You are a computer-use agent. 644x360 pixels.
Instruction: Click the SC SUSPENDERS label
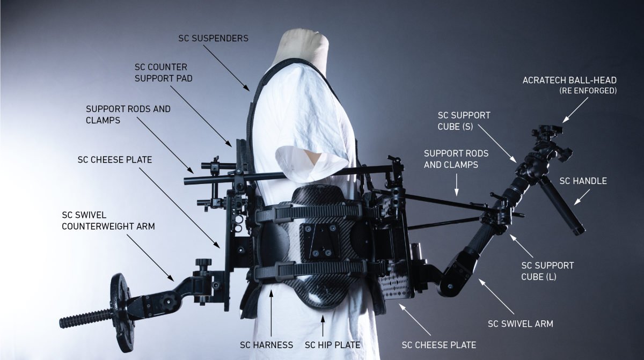[x=214, y=39]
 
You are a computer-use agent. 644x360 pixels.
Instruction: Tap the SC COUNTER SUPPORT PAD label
[x=164, y=72]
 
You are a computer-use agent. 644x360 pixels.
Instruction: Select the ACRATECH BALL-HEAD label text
[x=569, y=80]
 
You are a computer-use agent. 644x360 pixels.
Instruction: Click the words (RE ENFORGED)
[x=588, y=91]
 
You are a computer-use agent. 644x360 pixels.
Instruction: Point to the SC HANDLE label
[x=583, y=181]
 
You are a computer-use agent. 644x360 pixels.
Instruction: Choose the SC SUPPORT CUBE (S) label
[x=464, y=121]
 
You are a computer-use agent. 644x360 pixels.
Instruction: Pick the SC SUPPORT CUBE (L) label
[x=547, y=271]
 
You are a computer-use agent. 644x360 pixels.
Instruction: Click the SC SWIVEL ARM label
[x=521, y=324]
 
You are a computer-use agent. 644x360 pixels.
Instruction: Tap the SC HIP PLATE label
[x=332, y=345]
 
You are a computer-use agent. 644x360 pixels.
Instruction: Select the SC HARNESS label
[x=267, y=345]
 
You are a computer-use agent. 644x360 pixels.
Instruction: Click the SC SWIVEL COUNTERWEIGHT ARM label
[x=108, y=221]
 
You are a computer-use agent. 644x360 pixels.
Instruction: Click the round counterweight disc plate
[x=121, y=313]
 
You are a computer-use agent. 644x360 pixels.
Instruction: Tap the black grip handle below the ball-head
[x=561, y=205]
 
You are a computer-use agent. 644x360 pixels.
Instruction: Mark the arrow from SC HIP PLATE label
[x=323, y=326]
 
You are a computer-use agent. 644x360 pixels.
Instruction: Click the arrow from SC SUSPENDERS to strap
[x=226, y=68]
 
